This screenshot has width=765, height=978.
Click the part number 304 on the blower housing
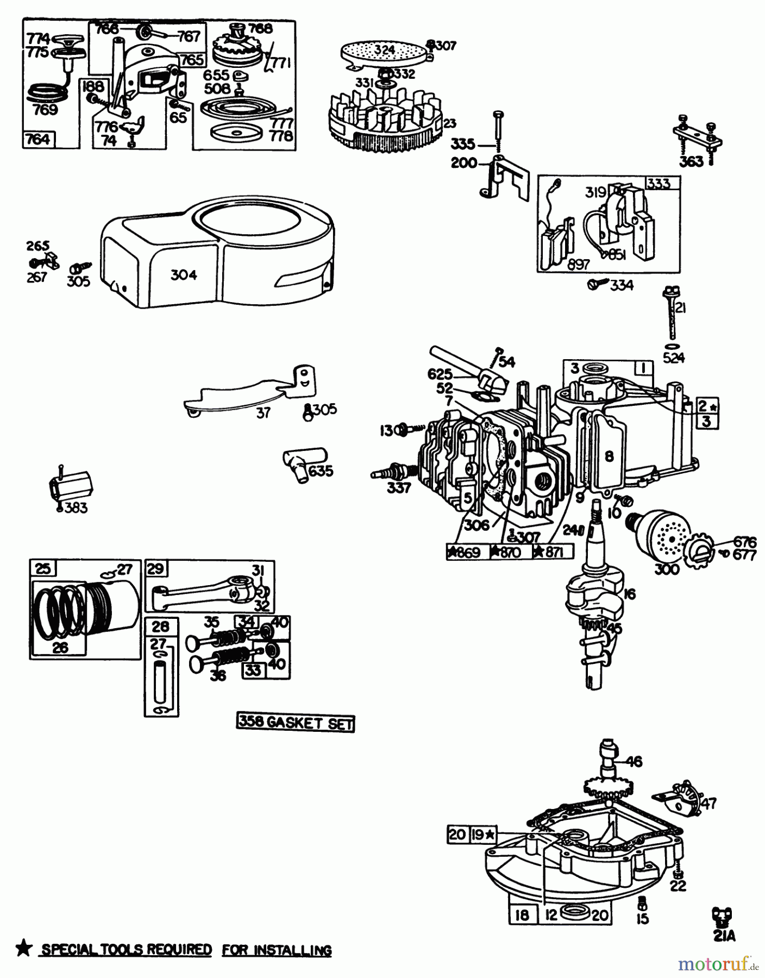(x=184, y=275)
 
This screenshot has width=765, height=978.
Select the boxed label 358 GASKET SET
(x=296, y=723)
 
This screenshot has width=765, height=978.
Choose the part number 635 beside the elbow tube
(x=321, y=470)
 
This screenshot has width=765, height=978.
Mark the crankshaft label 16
(x=629, y=594)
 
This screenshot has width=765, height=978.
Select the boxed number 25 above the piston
(x=43, y=569)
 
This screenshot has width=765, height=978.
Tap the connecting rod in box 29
(x=201, y=592)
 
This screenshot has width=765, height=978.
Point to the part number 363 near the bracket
(x=691, y=161)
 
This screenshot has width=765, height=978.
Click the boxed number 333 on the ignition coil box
(x=659, y=184)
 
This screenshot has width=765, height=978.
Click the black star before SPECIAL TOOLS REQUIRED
(x=23, y=949)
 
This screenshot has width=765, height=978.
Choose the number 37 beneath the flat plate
(x=263, y=413)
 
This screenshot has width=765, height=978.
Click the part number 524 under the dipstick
(x=674, y=358)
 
